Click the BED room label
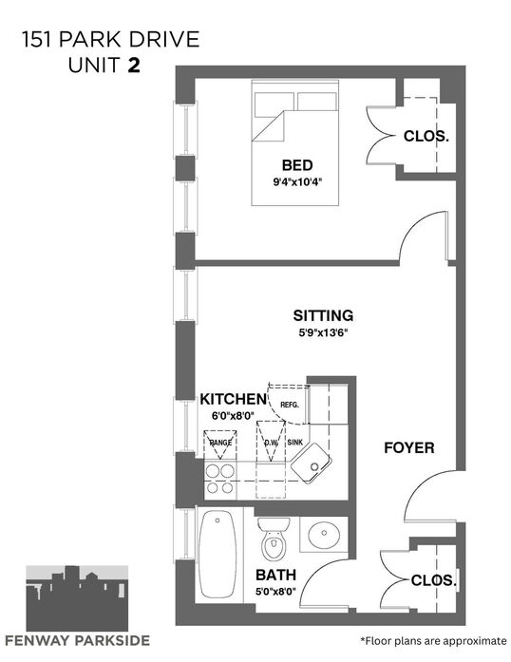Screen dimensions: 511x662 297,164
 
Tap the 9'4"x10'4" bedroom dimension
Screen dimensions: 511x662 300,182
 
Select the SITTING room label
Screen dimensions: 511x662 323,315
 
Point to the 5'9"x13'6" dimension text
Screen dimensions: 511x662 323,332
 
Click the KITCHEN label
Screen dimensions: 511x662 233,399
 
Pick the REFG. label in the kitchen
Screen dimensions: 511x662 290,405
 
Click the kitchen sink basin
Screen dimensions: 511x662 311,463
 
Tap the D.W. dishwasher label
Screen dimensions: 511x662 271,443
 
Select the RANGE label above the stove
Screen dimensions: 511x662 220,443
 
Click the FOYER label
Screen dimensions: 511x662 408,447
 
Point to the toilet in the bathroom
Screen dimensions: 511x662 274,538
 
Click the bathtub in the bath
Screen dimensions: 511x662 218,554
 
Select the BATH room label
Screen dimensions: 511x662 275,575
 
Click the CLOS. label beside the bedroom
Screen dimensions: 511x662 426,136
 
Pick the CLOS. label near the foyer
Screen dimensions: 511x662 434,580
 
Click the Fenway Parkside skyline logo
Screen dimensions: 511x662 77,598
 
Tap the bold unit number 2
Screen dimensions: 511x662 134,65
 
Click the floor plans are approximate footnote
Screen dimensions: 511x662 433,641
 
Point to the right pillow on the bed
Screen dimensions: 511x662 316,102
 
